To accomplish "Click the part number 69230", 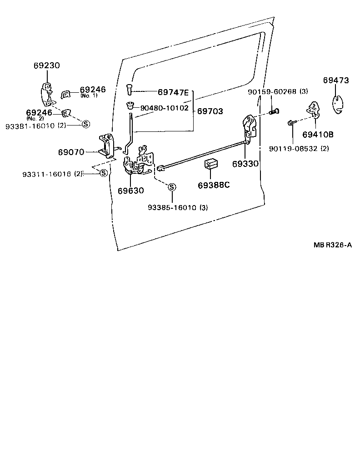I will click(46, 65).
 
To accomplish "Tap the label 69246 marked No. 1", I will click(92, 90).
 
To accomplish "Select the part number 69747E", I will click(173, 92).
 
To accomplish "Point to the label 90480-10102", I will click(164, 108).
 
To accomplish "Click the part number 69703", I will click(210, 111).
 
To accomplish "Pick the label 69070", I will click(71, 152).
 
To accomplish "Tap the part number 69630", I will click(131, 191).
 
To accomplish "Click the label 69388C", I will click(214, 186).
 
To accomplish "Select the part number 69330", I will click(245, 163).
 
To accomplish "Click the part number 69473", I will click(336, 80).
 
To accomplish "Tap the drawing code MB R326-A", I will click(333, 245).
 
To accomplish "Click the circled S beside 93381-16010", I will click(86, 124).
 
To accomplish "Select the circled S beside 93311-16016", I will click(103, 173).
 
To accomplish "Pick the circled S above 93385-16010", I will click(172, 187).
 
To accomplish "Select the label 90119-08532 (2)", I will click(299, 148).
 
